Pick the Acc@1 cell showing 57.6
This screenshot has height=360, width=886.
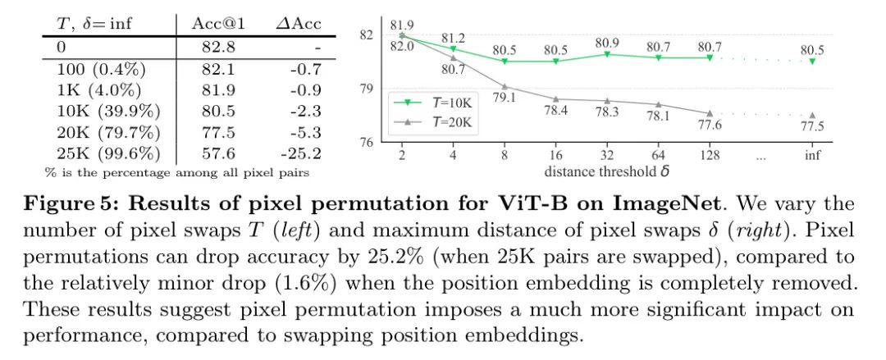tap(219, 153)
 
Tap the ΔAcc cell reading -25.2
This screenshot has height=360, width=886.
tap(299, 153)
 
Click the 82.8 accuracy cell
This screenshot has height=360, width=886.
tap(219, 47)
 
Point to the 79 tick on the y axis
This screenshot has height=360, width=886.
tap(367, 89)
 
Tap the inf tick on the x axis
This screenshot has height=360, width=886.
tap(812, 155)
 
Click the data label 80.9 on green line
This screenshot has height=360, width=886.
tap(606, 42)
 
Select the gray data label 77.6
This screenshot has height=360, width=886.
tap(710, 126)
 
